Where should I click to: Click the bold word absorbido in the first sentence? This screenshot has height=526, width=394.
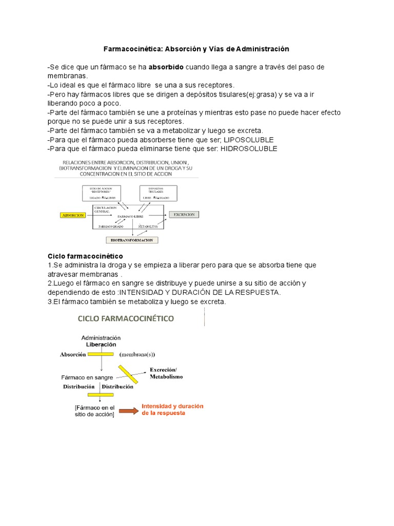pos(166,67)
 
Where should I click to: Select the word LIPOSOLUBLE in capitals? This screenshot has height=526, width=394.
pos(248,140)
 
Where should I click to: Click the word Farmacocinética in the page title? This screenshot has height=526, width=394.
pos(132,49)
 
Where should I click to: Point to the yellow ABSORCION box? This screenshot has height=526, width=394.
pos(73,215)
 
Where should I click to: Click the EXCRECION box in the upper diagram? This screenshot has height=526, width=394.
pos(184,215)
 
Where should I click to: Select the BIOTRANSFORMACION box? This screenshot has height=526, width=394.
pos(132,239)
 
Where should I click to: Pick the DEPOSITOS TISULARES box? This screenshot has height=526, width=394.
pos(159,193)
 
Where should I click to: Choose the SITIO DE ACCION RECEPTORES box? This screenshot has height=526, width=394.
pos(101,193)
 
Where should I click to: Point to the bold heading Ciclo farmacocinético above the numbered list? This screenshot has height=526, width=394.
pos(85,256)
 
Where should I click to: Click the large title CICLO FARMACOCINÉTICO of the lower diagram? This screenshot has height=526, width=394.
pos(126,318)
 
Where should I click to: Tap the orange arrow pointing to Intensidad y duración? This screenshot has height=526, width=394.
pos(128,410)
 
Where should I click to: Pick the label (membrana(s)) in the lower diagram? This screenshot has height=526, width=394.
pos(137,354)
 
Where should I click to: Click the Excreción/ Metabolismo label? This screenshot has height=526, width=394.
pos(166,373)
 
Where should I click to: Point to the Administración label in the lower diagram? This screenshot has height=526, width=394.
pos(101,337)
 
